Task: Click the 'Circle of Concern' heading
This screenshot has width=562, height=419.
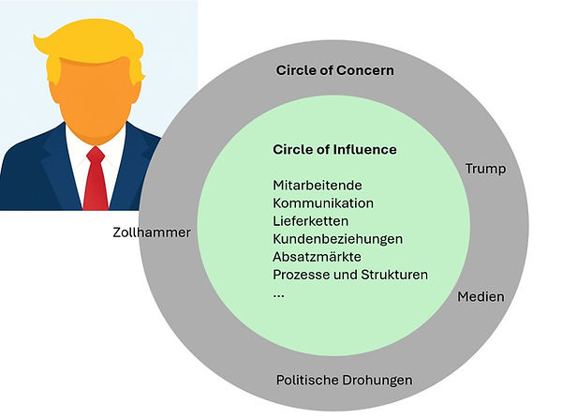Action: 335,70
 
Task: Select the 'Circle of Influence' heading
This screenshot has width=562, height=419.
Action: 334,150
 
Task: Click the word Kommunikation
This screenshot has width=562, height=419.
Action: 323,203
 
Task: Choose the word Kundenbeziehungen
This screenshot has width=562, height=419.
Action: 337,239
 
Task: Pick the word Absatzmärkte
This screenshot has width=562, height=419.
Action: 317,257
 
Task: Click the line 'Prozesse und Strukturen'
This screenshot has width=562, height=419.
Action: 350,275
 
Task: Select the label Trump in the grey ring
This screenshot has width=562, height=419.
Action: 485,169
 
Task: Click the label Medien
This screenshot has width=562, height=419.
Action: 481,297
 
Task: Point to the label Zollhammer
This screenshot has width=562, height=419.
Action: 151,232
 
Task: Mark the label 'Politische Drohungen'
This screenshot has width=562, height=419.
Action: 345,381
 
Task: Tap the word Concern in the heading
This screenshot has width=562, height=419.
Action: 366,70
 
